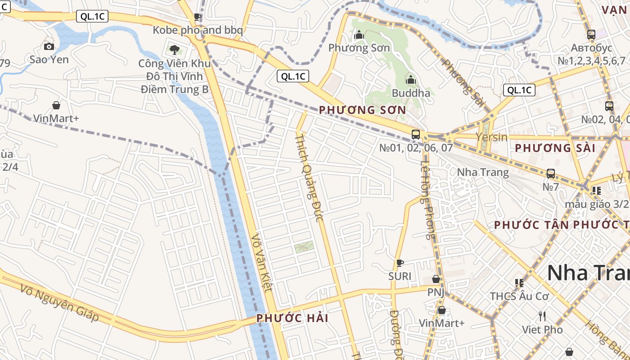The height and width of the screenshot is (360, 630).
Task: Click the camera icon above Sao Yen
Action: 49,46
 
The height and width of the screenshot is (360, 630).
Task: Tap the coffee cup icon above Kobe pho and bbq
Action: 197,17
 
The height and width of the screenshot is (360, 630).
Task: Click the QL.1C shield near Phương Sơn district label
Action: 293,76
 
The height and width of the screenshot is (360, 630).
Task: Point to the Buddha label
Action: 411,93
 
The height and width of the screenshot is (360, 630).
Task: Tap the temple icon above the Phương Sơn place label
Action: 359,35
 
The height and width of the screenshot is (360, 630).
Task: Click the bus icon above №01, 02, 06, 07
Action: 416,134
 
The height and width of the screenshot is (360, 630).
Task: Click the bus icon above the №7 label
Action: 550,174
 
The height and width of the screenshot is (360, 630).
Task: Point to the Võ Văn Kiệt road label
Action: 262,262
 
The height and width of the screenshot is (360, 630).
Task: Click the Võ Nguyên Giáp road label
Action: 60,302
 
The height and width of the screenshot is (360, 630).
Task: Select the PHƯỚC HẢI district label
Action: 292,318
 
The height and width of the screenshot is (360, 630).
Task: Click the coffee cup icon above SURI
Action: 400,263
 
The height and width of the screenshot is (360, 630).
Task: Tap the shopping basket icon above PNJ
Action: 436,279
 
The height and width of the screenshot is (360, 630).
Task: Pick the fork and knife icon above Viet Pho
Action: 542,316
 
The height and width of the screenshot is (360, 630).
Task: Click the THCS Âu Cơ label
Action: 519,297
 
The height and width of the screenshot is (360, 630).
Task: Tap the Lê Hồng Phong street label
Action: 428,194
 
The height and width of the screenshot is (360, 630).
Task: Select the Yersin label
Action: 491,137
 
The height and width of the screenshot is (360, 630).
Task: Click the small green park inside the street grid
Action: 304,246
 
